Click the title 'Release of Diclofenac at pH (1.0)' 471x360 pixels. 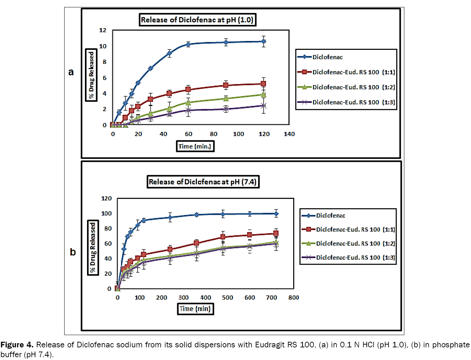197,20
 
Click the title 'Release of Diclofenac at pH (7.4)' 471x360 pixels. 203,182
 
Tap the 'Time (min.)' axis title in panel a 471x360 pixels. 195,146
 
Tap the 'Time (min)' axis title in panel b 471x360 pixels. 195,309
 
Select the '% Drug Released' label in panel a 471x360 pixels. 91,75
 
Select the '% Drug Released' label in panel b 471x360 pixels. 93,247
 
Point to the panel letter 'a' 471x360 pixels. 71,72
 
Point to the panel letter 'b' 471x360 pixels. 73,252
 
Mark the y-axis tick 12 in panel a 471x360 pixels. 102,30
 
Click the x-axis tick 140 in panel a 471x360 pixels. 289,134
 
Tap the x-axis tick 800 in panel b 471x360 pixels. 293,298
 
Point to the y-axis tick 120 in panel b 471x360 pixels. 106,199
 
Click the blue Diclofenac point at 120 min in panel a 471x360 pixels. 264,41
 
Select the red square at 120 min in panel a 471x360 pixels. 263,84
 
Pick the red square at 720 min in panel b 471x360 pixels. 276,233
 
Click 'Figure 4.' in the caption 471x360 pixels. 17,345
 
